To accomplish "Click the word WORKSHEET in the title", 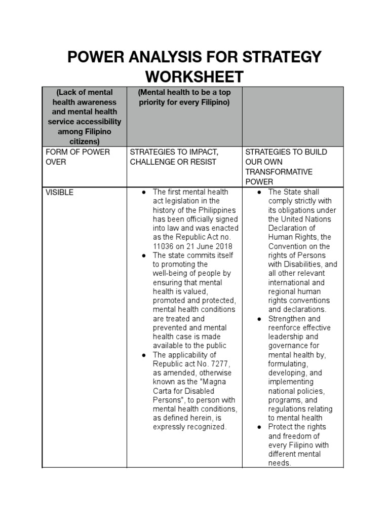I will pyautogui.click(x=194, y=77).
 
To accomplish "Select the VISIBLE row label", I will pyautogui.click(x=59, y=192).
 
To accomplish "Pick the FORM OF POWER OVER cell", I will pyautogui.click(x=77, y=157).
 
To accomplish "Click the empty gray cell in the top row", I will pyautogui.click(x=293, y=117).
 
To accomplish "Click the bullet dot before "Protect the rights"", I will pyautogui.click(x=259, y=427).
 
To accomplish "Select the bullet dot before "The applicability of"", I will pyautogui.click(x=144, y=355).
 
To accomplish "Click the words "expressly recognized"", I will pyautogui.click(x=189, y=427).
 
